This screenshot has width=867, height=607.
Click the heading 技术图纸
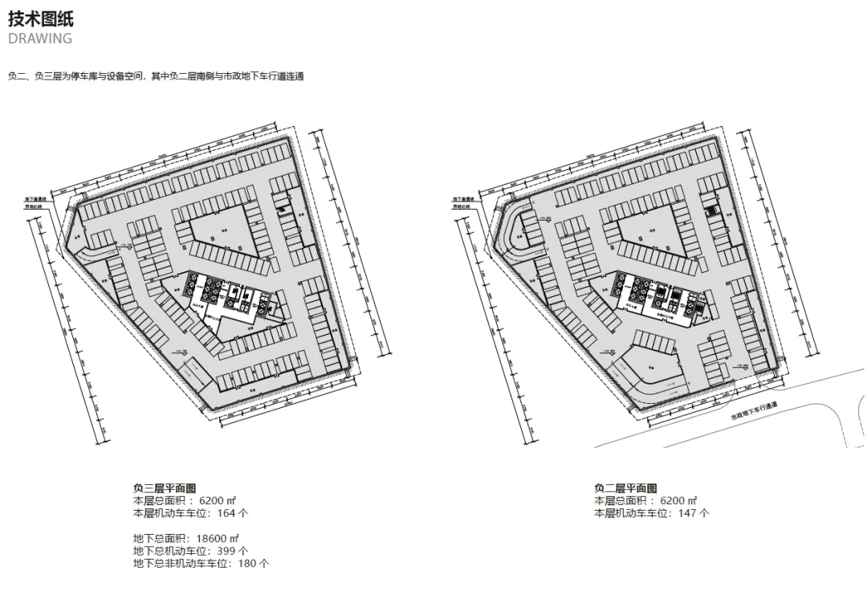(x=40, y=18)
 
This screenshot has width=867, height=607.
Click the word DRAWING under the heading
(x=40, y=39)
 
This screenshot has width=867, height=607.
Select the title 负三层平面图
(x=165, y=488)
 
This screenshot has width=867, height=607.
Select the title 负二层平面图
(x=625, y=488)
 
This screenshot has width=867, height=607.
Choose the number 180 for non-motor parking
(x=249, y=564)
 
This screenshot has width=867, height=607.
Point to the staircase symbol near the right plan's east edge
(x=710, y=210)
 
